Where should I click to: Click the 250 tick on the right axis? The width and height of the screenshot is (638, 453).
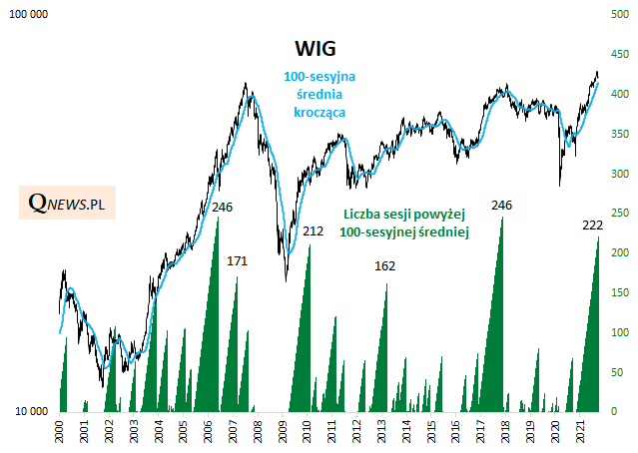[x=618, y=213]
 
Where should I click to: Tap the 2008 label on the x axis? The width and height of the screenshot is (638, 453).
[x=258, y=432]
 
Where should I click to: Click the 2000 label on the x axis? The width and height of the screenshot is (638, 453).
[x=60, y=432]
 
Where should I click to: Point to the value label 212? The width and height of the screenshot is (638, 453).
[x=314, y=231]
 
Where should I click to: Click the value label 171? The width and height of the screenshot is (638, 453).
[x=237, y=260]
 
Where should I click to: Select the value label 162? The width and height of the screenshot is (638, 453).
[x=384, y=266]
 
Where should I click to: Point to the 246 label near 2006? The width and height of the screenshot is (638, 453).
[x=224, y=207]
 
